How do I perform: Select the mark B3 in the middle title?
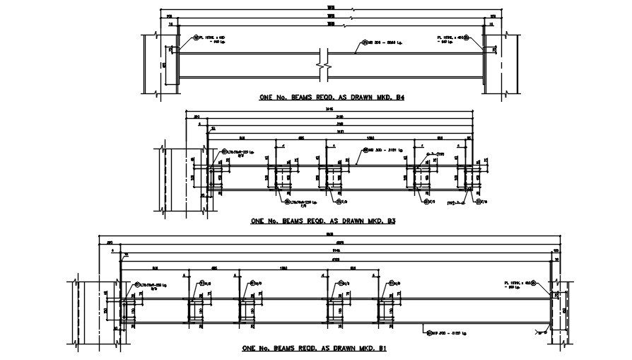(390, 221)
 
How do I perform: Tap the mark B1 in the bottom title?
(381, 349)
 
